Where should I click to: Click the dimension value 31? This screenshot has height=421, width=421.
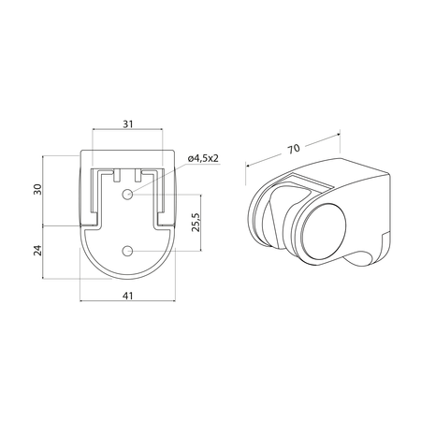(x=128, y=124)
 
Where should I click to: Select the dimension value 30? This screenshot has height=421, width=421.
(x=37, y=189)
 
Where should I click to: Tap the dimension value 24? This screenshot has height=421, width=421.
(x=37, y=250)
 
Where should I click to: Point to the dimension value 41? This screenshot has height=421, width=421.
(x=127, y=296)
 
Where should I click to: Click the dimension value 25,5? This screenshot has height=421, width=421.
(x=196, y=223)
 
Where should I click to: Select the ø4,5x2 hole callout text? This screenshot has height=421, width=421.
(x=203, y=158)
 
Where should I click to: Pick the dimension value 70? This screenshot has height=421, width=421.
(x=294, y=149)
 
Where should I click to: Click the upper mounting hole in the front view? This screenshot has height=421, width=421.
(x=127, y=195)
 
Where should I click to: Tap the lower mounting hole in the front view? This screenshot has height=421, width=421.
(x=127, y=251)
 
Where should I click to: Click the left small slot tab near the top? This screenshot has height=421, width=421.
(x=117, y=176)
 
